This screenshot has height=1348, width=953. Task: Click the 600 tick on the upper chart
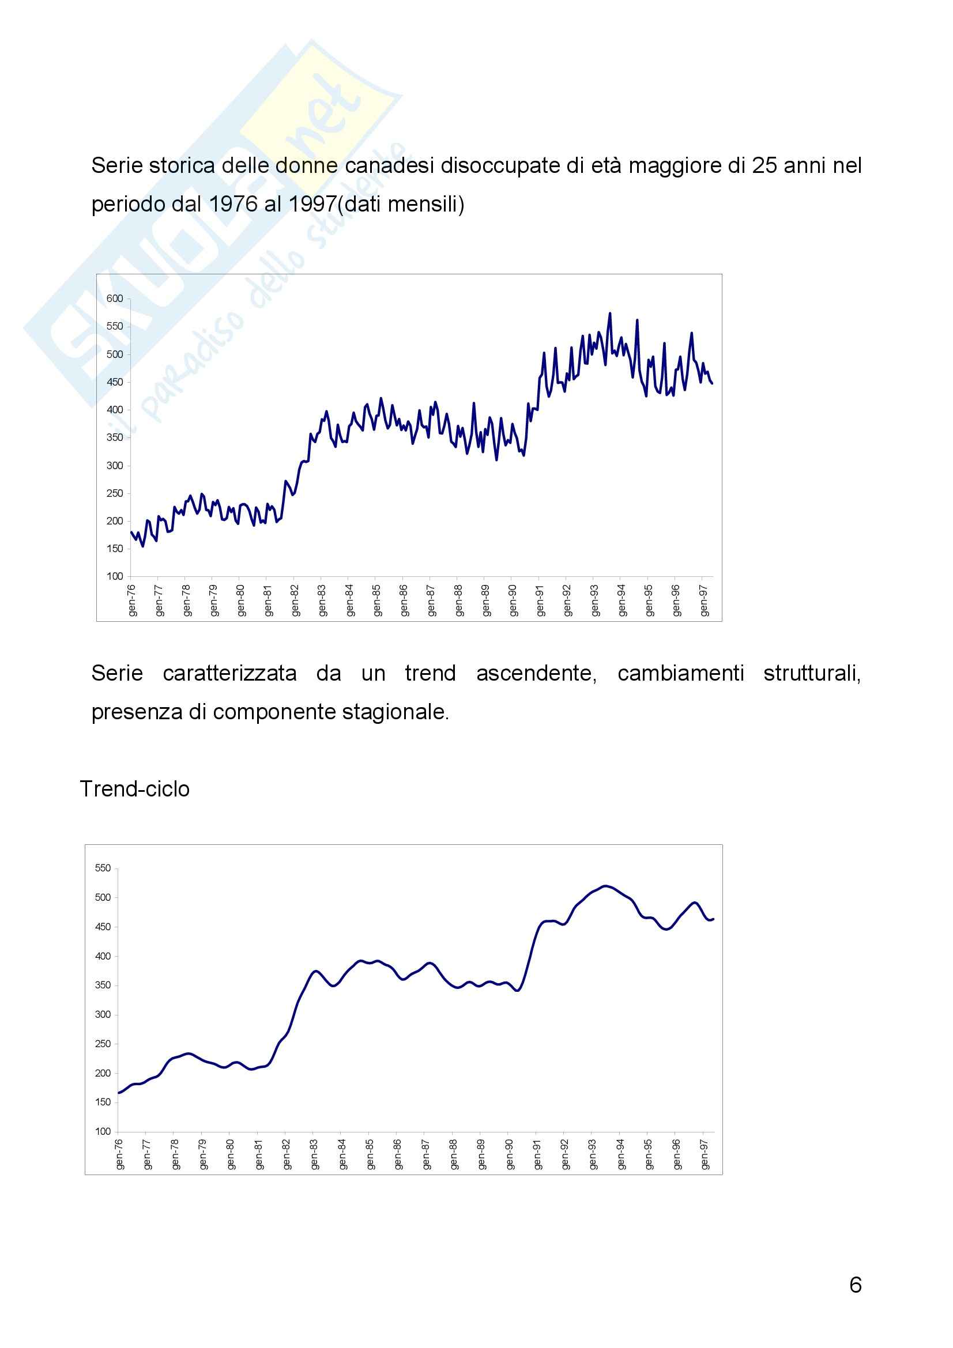(x=115, y=299)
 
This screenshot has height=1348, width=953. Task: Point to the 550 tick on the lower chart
(x=103, y=869)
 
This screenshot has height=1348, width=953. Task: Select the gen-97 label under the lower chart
(x=705, y=1155)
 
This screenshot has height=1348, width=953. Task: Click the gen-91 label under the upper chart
(x=540, y=600)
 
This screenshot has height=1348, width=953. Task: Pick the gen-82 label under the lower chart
(x=287, y=1155)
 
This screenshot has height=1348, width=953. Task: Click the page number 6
(x=856, y=1286)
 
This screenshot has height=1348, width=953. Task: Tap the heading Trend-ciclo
(x=134, y=789)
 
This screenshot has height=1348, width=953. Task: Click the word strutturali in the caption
(x=812, y=673)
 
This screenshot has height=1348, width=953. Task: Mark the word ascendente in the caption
(x=536, y=673)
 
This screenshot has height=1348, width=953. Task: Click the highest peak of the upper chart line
(x=609, y=314)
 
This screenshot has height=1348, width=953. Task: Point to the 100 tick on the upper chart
(x=115, y=576)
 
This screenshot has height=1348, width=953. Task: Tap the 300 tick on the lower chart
(x=103, y=1014)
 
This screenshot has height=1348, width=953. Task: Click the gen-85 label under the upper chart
(x=377, y=600)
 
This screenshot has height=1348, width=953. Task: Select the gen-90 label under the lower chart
(x=510, y=1155)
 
